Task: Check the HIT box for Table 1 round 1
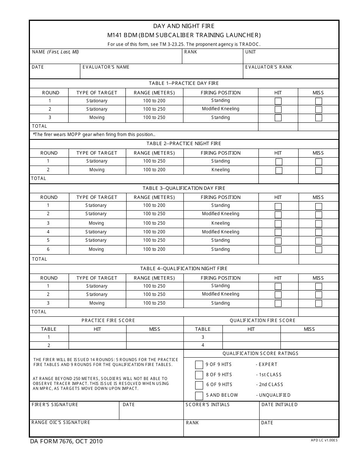pos(278,101)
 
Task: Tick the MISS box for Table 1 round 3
pos(319,118)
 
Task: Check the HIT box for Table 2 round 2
pos(279,170)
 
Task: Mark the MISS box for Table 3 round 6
pos(319,250)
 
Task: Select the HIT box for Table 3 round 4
pos(278,232)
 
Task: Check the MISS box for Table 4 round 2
pos(319,295)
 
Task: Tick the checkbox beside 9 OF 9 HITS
pos(199,365)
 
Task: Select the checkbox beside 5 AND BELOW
pos(199,396)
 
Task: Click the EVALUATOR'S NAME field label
pos(106,67)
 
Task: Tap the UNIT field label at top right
pos(250,52)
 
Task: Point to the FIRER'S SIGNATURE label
pos(55,405)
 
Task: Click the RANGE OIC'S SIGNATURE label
pos(61,422)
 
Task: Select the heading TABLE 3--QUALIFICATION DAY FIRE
pos(184,188)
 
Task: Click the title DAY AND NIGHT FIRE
pos(184,26)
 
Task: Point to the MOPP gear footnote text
pos(94,134)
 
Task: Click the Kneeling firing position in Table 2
pos(221,170)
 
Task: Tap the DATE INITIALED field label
pos(280,405)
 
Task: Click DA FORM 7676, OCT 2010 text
pos(67,441)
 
